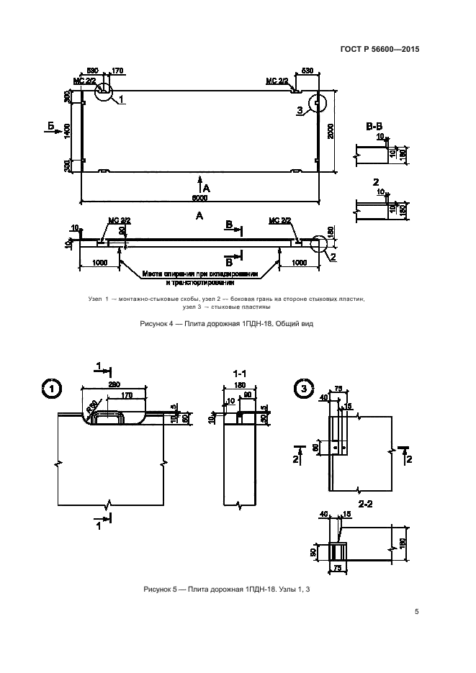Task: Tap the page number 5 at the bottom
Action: [417, 612]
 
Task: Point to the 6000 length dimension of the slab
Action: [199, 198]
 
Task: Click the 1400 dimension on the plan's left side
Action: [66, 130]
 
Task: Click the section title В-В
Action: [374, 127]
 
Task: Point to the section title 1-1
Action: [240, 374]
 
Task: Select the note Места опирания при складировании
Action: [199, 274]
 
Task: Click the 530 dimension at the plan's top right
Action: [307, 71]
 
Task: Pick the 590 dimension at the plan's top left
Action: [92, 71]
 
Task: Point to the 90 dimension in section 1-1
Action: [248, 394]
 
